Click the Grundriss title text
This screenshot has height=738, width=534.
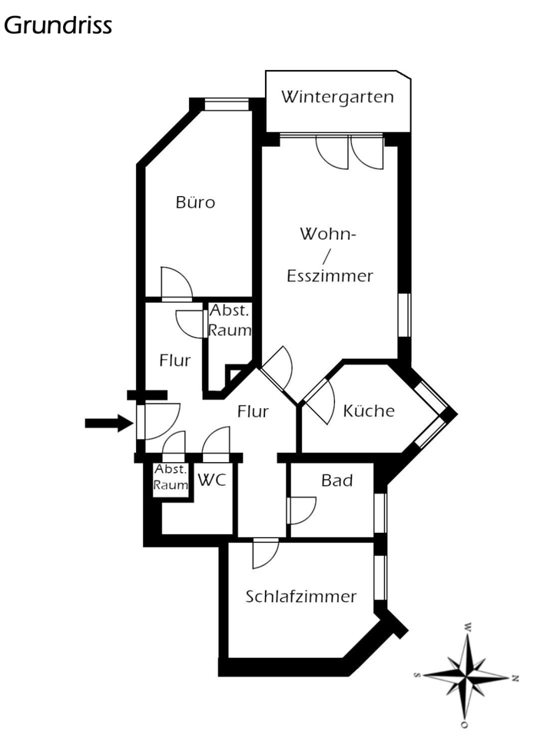tap(58, 25)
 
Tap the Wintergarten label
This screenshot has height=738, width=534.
tap(337, 97)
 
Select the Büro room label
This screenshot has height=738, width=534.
tap(195, 203)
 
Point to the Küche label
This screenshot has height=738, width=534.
tap(369, 411)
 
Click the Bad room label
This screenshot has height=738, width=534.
tap(337, 480)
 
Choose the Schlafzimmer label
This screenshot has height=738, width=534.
tap(301, 597)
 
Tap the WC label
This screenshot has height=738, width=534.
tap(211, 480)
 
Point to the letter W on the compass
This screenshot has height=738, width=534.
tap(466, 627)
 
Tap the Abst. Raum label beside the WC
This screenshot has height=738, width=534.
tap(171, 477)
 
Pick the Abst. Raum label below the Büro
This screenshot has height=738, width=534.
tap(231, 321)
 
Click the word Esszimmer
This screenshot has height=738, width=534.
tap(330, 275)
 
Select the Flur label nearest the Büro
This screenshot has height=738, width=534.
tap(175, 361)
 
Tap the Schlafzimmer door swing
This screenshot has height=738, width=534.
tap(265, 553)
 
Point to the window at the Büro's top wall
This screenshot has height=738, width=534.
tap(227, 105)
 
